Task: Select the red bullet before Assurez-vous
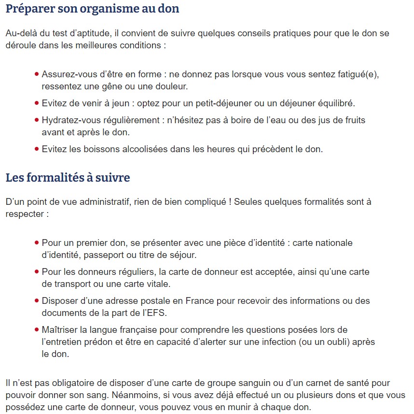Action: pos(37,75)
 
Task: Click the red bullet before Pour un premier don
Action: pos(37,243)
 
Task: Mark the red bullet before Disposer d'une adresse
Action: pos(37,301)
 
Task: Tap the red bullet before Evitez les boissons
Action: pos(37,149)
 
